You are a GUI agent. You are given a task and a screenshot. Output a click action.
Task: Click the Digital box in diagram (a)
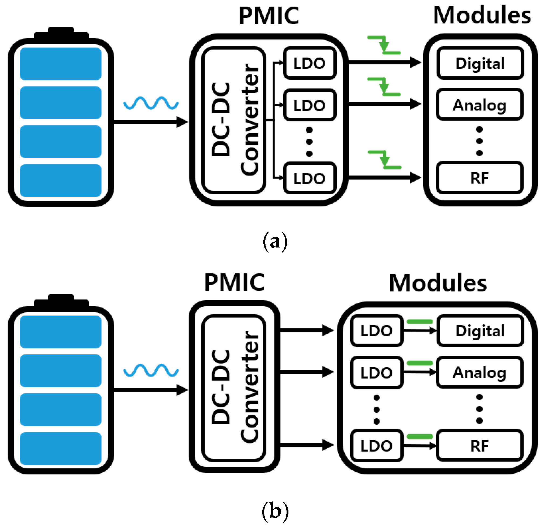coord(480,63)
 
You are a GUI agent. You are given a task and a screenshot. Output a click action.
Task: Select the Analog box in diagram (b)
coord(480,372)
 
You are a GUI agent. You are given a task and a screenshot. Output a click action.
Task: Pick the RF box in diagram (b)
coord(480,446)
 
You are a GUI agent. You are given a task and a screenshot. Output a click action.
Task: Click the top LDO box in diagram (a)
coord(310,63)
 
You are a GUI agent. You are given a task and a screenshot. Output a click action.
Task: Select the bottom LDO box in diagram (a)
coord(310,178)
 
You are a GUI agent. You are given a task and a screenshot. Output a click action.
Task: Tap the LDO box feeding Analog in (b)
coord(377,372)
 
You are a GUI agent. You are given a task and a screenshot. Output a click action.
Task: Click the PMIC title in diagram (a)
coord(269,16)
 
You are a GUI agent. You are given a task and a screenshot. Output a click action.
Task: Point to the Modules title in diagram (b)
coord(438,283)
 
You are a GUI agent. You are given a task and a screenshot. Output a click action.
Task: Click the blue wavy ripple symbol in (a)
coord(151,103)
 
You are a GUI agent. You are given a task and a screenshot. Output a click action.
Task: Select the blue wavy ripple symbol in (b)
coord(151,370)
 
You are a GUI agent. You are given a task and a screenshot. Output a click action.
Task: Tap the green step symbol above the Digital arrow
coord(384,45)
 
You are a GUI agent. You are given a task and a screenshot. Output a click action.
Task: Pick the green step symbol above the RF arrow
coord(385,160)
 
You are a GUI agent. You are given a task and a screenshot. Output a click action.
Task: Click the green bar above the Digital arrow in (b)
coord(420,322)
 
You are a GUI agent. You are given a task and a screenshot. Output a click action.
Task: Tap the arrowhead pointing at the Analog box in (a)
coord(415,104)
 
